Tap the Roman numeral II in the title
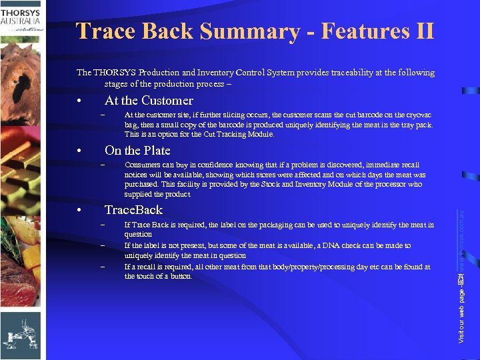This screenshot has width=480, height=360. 422,31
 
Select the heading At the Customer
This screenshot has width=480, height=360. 149,101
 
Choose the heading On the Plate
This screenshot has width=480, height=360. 137,151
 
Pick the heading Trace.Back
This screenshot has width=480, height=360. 133,210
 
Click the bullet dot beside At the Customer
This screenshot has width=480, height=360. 79,102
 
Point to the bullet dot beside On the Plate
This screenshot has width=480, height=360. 79,152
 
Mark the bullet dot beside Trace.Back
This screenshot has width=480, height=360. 79,211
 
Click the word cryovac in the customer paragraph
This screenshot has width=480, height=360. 419,115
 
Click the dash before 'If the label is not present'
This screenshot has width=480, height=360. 103,245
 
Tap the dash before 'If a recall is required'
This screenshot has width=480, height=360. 103,266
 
